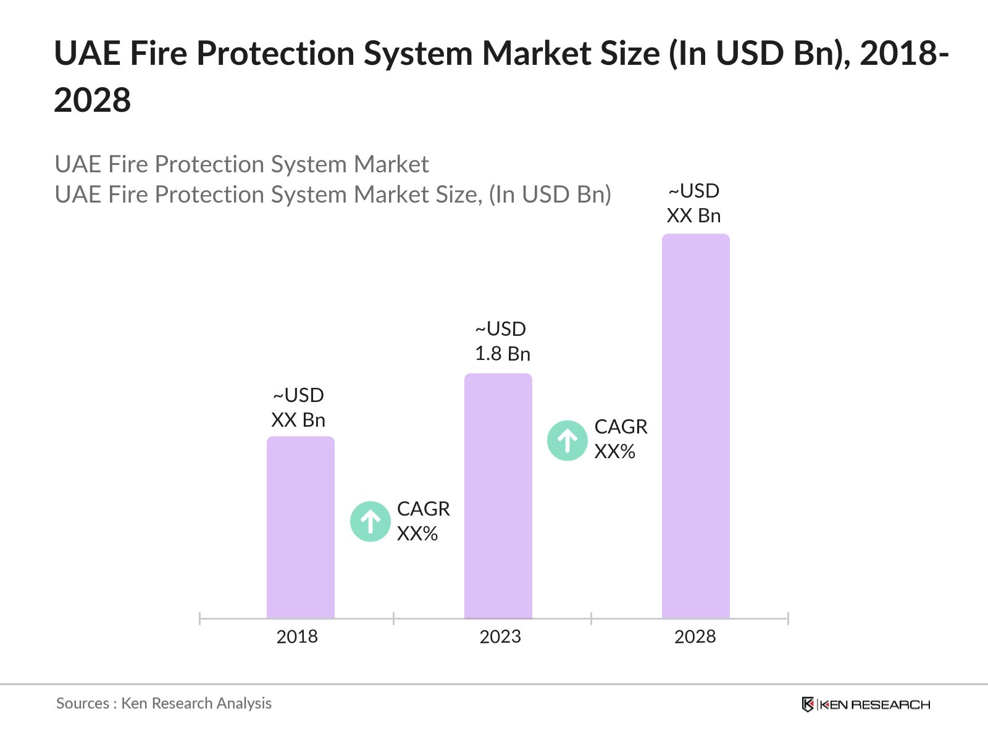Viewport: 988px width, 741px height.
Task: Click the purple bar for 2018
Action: click(301, 528)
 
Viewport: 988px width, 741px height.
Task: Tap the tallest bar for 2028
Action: click(696, 426)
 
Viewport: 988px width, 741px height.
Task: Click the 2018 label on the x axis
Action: click(297, 637)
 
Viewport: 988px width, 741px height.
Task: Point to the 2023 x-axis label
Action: click(500, 637)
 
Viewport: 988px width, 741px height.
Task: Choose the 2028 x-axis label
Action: click(695, 637)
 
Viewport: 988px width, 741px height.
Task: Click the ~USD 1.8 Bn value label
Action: click(502, 341)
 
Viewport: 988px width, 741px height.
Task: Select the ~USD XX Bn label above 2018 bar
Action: click(298, 408)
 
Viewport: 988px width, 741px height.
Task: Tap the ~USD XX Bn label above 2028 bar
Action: click(693, 203)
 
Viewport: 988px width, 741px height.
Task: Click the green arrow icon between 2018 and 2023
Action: click(371, 522)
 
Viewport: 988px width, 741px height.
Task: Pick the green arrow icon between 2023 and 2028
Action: click(567, 441)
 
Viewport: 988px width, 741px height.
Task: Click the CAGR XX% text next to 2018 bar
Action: click(423, 521)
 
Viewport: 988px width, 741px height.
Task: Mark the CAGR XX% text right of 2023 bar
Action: click(621, 439)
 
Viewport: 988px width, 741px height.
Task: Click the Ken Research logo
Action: click(866, 705)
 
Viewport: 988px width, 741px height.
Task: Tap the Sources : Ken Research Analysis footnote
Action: click(164, 703)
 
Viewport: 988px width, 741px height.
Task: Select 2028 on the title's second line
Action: click(93, 100)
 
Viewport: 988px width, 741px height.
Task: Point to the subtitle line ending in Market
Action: click(241, 164)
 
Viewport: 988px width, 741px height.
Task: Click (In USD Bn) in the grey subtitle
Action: click(550, 195)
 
